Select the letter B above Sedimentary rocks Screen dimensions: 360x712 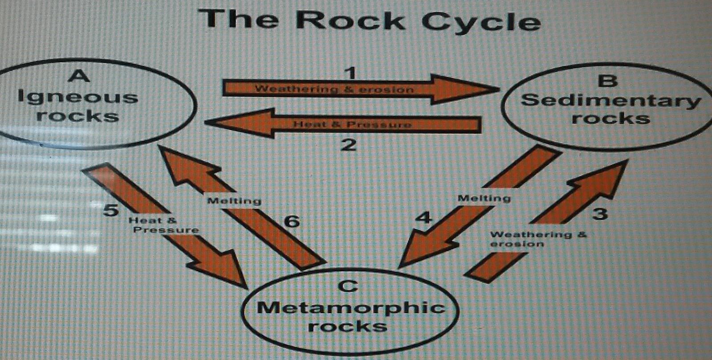click(608, 81)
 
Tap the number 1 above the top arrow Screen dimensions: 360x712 click(351, 71)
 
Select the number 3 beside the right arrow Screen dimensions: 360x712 click(600, 214)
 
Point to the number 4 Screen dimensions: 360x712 click(423, 218)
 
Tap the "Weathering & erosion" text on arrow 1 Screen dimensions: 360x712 click(334, 89)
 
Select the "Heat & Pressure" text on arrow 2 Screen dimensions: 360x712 click(352, 124)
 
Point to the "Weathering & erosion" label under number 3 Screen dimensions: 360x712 click(538, 239)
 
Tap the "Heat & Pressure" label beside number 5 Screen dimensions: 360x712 click(163, 225)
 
